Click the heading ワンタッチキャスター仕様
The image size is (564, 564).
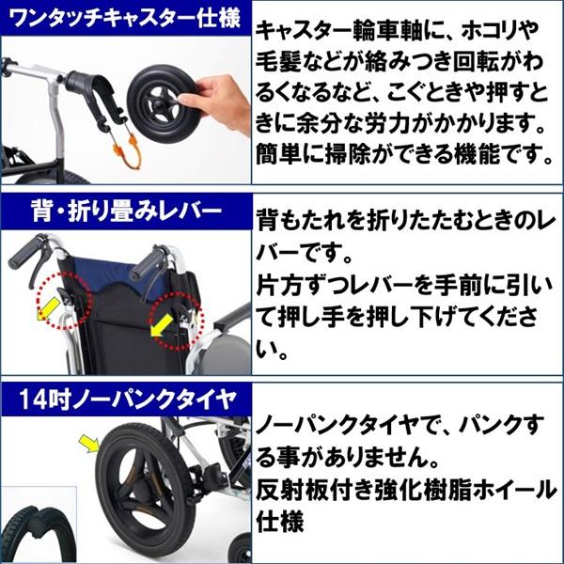tap(122, 19)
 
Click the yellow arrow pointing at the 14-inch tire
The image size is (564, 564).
tap(89, 439)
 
